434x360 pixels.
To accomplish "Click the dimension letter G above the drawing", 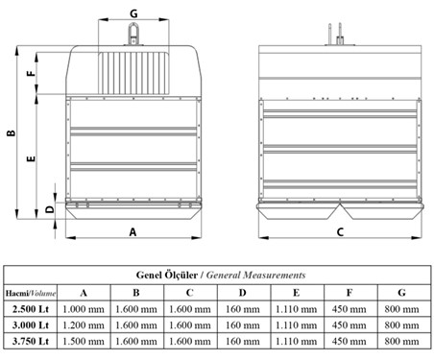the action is point(133,13).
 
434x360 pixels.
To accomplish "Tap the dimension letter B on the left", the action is point(12,132).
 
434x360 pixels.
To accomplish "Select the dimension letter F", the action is point(31,73).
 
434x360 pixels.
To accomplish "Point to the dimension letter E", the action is point(31,158).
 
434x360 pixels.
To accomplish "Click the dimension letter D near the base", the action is point(50,209).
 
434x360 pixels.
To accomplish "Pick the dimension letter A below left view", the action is point(133,231).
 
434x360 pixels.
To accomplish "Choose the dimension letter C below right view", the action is point(340,231).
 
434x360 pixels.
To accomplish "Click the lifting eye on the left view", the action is point(133,34).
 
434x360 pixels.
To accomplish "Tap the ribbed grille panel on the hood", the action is point(133,73).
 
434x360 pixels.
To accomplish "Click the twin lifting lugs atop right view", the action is point(334,34).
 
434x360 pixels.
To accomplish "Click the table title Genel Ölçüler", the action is point(167,275).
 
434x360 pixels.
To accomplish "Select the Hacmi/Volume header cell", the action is point(31,293).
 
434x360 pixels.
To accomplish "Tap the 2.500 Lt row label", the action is point(31,309).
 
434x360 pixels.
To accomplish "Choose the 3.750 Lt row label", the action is point(31,341).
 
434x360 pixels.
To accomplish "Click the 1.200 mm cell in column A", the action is point(84,325).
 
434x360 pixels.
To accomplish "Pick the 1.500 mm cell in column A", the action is point(84,341).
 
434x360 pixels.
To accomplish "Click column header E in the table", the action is point(297,293).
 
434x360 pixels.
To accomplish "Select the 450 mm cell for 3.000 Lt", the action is point(350,325).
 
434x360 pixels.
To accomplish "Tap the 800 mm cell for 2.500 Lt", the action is point(402,309).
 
